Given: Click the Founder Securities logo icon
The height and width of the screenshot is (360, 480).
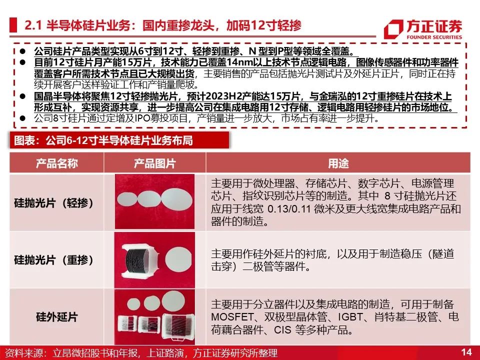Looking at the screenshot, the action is (393, 29).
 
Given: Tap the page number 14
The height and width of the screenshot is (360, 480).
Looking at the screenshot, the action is (466, 352).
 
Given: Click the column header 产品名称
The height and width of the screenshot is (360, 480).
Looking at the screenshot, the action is (56, 163).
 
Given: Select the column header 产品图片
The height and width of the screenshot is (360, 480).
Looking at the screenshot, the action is (154, 163).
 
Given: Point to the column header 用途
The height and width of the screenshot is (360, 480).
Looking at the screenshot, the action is (338, 163).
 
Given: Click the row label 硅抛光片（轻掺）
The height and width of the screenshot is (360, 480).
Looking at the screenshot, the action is (54, 203).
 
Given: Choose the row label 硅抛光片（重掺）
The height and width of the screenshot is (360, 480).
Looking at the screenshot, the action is (54, 260).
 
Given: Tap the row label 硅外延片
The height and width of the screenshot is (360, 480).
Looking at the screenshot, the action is (56, 317).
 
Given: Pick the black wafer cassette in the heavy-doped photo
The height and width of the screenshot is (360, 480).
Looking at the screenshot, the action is (140, 261).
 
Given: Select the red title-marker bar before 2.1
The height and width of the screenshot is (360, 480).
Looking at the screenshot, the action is (13, 25).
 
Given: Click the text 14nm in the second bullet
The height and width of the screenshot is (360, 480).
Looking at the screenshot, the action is (237, 62).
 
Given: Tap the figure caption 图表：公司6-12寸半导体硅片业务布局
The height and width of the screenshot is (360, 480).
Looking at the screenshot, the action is (103, 140).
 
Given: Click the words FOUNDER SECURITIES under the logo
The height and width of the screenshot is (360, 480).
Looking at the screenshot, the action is (434, 37).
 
